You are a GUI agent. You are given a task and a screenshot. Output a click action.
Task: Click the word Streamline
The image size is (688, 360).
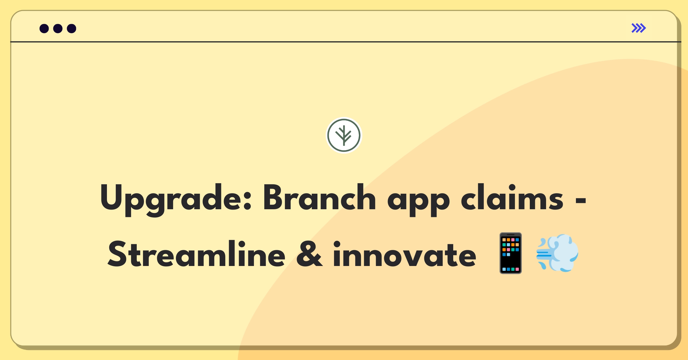(196, 253)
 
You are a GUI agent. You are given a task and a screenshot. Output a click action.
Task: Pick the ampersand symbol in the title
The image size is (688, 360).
(309, 254)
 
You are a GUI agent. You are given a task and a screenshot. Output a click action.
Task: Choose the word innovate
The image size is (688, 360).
(404, 254)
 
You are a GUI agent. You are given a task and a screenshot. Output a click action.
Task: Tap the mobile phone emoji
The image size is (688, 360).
(511, 253)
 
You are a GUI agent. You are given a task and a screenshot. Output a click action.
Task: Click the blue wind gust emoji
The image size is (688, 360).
(557, 253)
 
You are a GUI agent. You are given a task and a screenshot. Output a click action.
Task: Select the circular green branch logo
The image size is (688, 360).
(344, 135)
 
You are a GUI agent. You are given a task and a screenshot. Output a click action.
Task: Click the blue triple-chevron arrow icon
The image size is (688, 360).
(639, 28)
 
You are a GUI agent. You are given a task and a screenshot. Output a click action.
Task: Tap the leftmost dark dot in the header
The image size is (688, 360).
(44, 28)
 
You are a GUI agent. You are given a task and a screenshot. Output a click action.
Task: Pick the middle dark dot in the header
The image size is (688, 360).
(58, 28)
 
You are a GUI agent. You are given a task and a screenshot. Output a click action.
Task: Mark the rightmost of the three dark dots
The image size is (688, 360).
(72, 28)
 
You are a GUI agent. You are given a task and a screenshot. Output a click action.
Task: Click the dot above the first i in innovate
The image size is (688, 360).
(337, 244)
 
